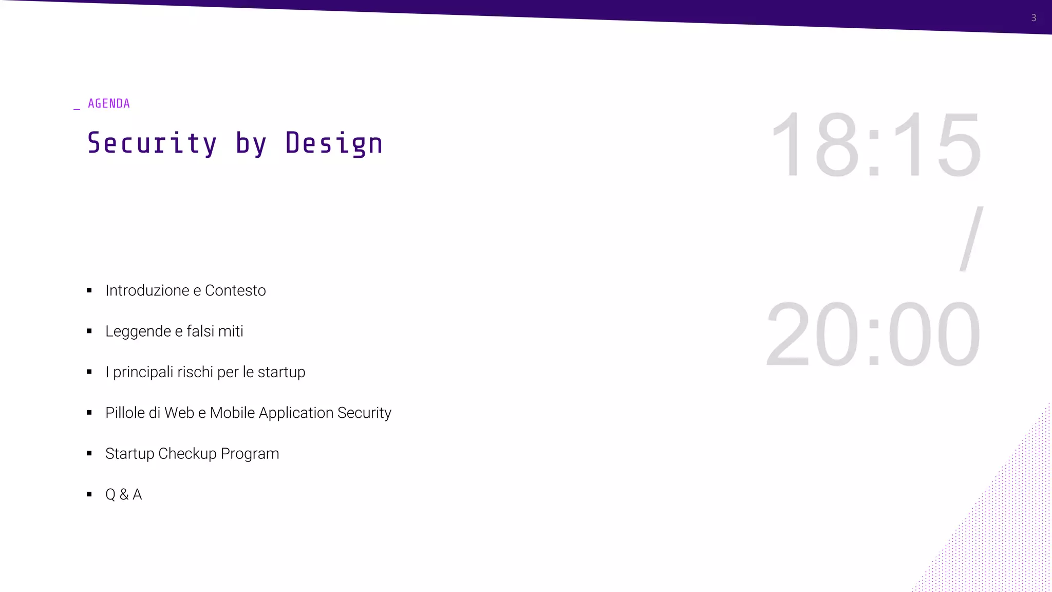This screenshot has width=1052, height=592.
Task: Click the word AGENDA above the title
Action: tap(109, 104)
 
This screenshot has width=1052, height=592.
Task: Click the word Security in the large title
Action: tap(152, 143)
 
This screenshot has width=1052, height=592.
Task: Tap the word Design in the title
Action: tap(334, 143)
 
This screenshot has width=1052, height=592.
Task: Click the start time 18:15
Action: tap(876, 145)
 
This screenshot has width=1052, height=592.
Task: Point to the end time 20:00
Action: tap(873, 334)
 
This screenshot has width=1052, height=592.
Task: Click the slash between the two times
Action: tap(971, 239)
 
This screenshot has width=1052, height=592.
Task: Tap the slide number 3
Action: tap(1034, 18)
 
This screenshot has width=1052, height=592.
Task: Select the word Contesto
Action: tap(235, 291)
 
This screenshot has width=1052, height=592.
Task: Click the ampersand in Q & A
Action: tap(124, 494)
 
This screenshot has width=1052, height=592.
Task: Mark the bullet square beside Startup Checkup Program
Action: tap(89, 453)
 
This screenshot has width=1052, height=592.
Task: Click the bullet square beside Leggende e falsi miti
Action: tap(89, 331)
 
